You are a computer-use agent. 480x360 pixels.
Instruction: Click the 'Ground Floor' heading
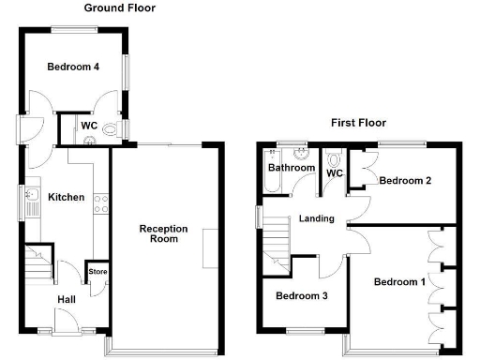[120, 8]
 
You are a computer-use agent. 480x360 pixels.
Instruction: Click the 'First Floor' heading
[357, 123]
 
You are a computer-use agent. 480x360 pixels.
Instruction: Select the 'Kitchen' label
[67, 198]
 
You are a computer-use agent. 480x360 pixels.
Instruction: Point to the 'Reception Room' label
[164, 234]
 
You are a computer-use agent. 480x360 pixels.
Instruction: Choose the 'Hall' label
[66, 299]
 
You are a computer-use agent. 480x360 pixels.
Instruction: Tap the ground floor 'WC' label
[89, 126]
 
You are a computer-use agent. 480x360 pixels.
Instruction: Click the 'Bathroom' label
[292, 169]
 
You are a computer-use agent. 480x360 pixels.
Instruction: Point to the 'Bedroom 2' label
[405, 181]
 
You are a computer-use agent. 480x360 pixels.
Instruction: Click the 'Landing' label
[317, 219]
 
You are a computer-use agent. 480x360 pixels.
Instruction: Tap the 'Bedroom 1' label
[399, 281]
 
